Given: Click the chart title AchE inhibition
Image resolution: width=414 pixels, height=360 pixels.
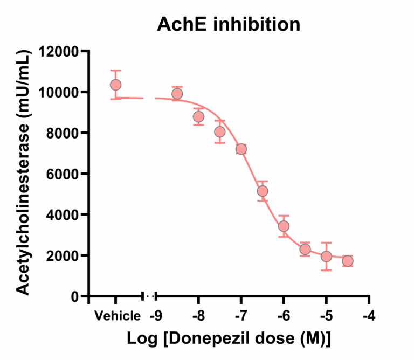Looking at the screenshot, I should pyautogui.click(x=229, y=25).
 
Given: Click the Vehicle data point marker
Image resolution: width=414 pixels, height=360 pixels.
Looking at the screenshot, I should pyautogui.click(x=115, y=85).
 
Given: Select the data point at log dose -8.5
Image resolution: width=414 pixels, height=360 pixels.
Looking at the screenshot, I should pyautogui.click(x=177, y=94).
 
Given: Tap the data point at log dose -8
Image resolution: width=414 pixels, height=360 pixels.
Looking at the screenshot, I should pyautogui.click(x=198, y=116).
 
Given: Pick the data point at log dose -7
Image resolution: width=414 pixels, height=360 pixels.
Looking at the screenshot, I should pyautogui.click(x=241, y=149).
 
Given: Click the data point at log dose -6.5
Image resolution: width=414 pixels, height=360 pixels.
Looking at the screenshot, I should pyautogui.click(x=263, y=191).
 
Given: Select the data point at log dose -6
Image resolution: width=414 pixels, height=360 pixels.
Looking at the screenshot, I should pyautogui.click(x=284, y=226).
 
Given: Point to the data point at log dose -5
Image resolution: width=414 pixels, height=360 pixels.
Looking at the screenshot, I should pyautogui.click(x=326, y=256).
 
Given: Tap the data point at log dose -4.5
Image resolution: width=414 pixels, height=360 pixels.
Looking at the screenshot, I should pyautogui.click(x=348, y=261).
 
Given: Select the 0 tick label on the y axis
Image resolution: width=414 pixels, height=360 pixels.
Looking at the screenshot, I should pyautogui.click(x=74, y=296).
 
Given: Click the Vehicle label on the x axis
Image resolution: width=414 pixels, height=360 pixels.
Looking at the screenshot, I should pyautogui.click(x=118, y=316).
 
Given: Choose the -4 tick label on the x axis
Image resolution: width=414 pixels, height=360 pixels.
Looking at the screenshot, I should pyautogui.click(x=369, y=316).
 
